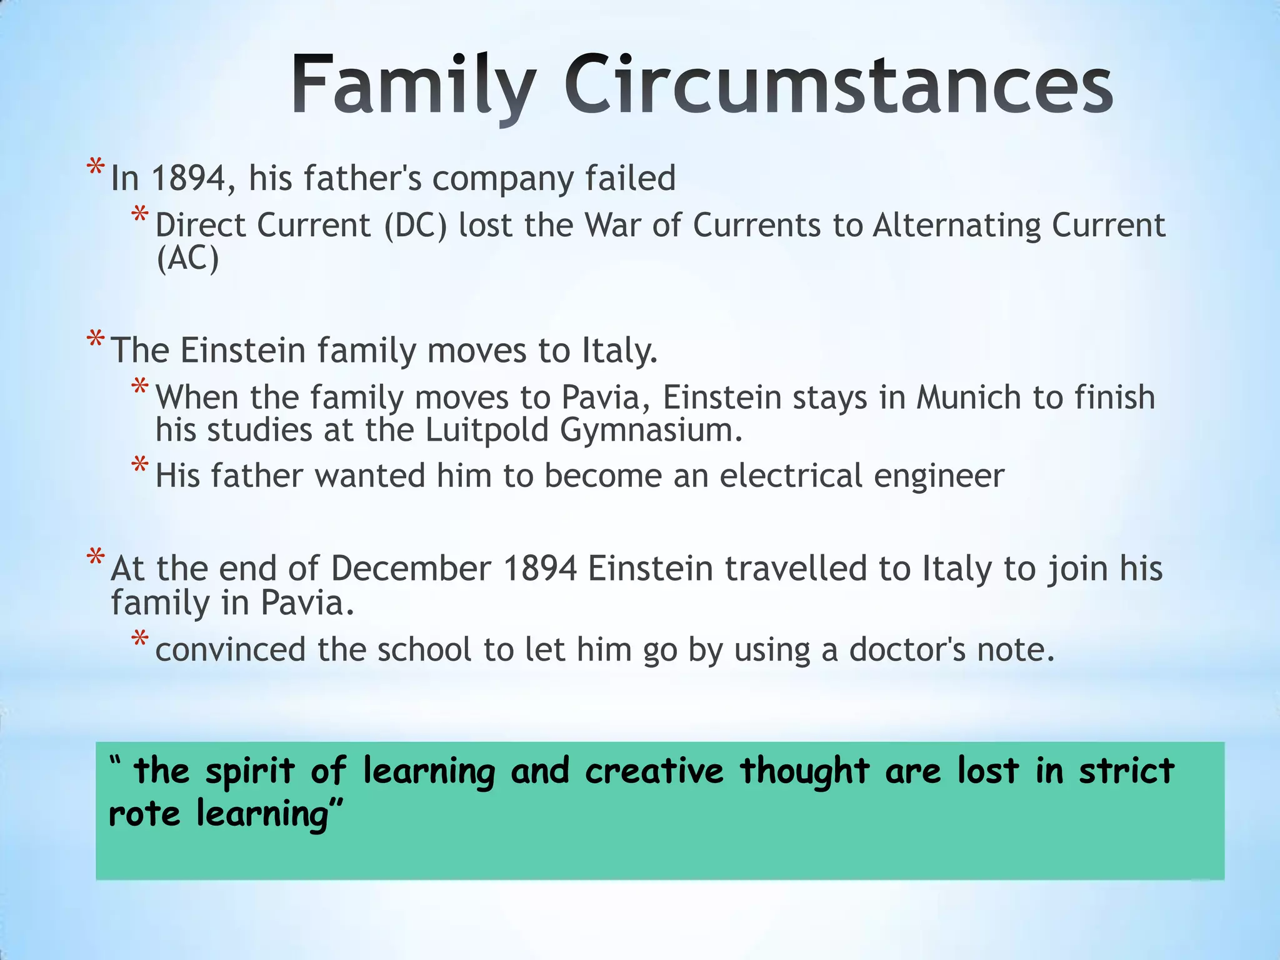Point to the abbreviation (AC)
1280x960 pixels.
tap(187, 258)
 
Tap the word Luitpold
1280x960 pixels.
tap(487, 430)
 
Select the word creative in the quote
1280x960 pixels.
tap(654, 771)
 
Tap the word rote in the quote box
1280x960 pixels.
tap(144, 814)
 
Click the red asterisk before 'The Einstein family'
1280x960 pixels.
tap(96, 340)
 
